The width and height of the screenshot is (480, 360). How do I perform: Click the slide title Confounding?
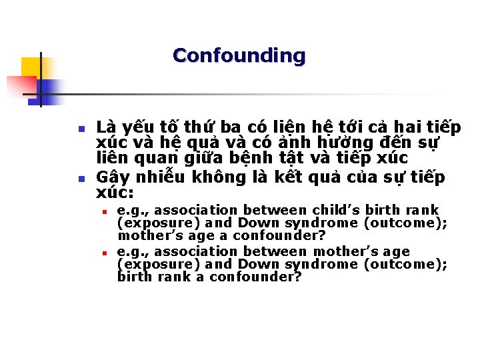point(239,55)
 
